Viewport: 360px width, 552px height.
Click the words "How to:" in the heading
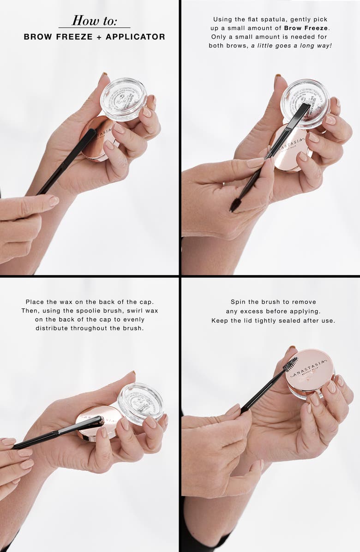pos(94,20)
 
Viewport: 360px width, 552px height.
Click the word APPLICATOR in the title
pos(135,36)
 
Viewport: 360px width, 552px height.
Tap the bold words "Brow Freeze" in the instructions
pos(306,28)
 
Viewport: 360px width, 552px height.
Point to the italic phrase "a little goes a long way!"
pos(291,46)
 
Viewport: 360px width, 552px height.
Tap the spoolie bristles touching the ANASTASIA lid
pos(290,364)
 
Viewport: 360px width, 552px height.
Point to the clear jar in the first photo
pos(123,99)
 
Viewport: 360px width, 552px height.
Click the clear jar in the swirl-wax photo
pos(141,403)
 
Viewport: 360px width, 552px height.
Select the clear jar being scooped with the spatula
pos(305,103)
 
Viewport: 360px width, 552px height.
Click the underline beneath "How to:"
pos(94,28)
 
